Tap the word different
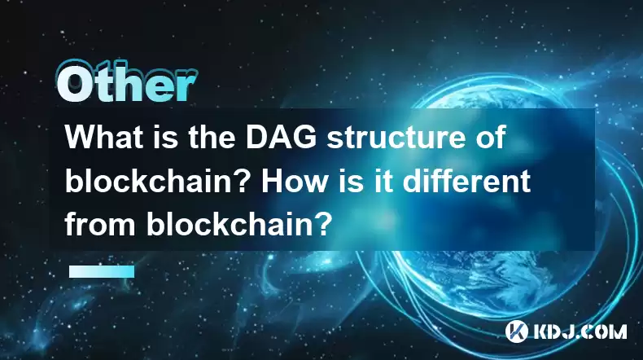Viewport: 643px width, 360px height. coord(466,181)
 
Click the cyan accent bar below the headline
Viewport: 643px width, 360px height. coord(101,271)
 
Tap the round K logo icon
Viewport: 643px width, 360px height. coord(516,331)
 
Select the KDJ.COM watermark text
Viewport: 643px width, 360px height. coord(579,331)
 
